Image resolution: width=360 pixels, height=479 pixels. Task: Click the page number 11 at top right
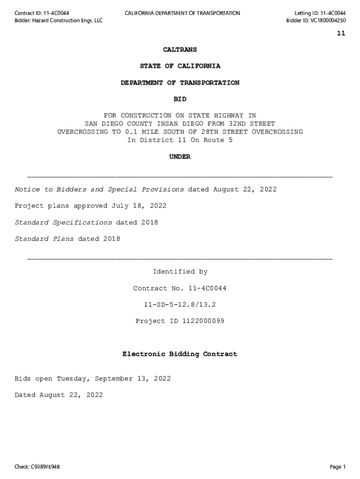point(341,33)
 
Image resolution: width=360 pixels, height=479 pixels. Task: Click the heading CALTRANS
point(180,50)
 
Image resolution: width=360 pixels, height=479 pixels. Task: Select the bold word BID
point(180,99)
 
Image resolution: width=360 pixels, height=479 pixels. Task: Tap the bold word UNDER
point(180,157)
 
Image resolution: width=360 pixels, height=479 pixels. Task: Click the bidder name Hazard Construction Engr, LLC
point(67,21)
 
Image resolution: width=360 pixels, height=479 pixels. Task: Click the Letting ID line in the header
point(320,13)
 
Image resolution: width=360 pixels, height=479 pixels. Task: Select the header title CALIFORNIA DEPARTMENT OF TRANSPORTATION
point(182,13)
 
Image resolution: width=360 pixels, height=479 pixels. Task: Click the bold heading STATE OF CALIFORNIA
point(180,66)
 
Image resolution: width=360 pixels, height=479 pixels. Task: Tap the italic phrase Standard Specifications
point(63,223)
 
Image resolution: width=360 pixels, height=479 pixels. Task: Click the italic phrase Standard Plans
point(44,239)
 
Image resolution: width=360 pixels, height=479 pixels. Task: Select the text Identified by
point(180,272)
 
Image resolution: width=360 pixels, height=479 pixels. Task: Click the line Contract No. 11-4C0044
point(180,288)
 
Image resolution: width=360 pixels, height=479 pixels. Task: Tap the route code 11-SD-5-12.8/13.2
point(180,305)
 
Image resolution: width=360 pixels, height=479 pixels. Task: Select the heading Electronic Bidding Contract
point(180,354)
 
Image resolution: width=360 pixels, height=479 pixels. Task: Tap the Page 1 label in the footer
point(337,467)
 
